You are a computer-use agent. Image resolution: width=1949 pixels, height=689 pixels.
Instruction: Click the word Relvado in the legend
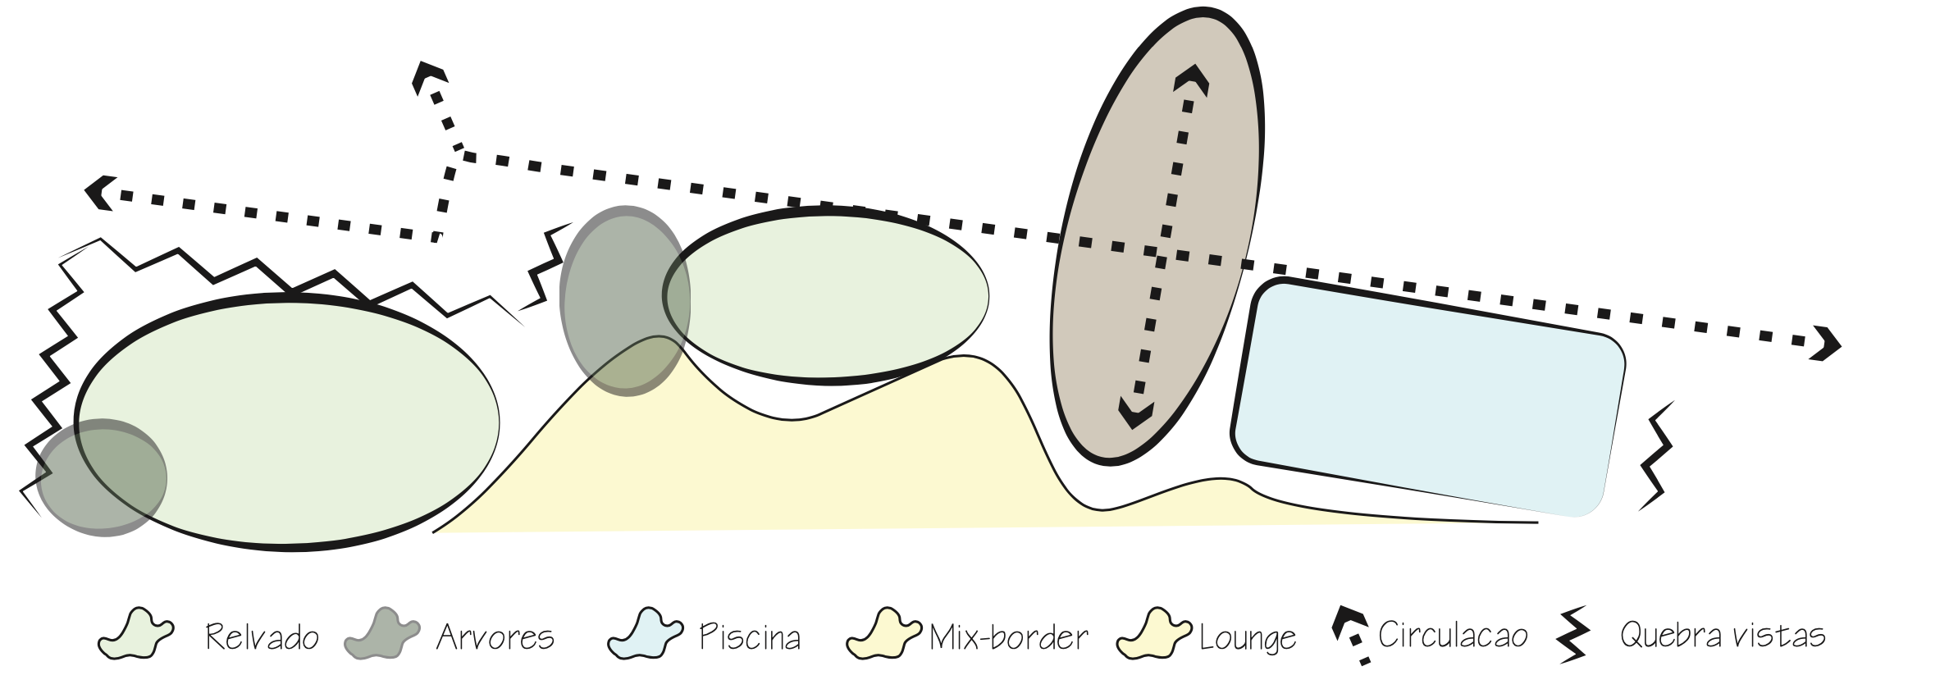coord(262,637)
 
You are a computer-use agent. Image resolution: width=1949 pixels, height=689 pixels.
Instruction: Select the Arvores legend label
coord(495,637)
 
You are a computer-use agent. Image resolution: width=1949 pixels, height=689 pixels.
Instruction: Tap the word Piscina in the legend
coord(750,637)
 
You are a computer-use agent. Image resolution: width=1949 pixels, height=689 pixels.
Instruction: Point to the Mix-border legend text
coord(1009,637)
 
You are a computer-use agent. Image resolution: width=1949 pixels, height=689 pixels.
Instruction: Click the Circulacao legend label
coord(1453,636)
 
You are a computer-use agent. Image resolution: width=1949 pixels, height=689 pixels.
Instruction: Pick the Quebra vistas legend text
coord(1723,636)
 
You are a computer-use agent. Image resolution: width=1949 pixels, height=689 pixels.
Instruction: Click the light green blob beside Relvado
coord(136,634)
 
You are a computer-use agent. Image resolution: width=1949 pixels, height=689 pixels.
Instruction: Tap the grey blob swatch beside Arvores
coord(382,634)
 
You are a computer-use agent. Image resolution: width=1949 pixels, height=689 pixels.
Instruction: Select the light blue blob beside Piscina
coord(646,634)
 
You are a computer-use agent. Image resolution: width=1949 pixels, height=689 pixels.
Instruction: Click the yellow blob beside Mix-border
coord(884,634)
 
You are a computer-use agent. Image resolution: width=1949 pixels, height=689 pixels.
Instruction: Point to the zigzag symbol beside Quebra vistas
coord(1573,635)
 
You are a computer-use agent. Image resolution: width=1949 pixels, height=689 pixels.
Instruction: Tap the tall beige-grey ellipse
coord(1157,237)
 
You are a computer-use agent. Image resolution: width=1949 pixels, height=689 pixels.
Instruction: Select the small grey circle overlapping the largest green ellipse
coord(101,477)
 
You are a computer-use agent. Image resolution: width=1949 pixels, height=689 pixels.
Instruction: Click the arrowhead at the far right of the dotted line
coord(1828,343)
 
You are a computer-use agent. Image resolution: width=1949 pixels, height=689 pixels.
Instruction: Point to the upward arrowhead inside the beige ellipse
coord(1191,80)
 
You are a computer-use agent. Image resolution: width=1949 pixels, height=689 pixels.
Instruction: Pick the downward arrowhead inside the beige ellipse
coord(1136,413)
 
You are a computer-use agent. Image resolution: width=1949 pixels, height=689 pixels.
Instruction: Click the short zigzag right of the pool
coord(1655,456)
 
